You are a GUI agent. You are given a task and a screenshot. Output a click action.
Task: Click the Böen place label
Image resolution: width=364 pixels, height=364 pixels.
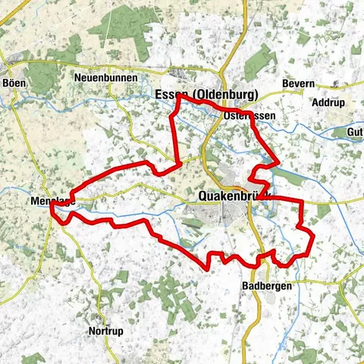(x=14, y=83)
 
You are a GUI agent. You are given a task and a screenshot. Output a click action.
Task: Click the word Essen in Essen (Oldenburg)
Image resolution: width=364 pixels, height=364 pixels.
(x=168, y=94)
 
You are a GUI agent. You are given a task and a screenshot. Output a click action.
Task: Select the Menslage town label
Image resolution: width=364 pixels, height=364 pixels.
(x=51, y=201)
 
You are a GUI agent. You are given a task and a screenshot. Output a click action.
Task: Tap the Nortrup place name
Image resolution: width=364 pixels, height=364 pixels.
(x=105, y=331)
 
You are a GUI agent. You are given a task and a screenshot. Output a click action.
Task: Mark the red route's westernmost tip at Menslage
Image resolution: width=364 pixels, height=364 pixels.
(x=52, y=210)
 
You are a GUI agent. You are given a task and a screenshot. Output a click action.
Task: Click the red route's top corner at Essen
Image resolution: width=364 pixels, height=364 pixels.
(x=177, y=96)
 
